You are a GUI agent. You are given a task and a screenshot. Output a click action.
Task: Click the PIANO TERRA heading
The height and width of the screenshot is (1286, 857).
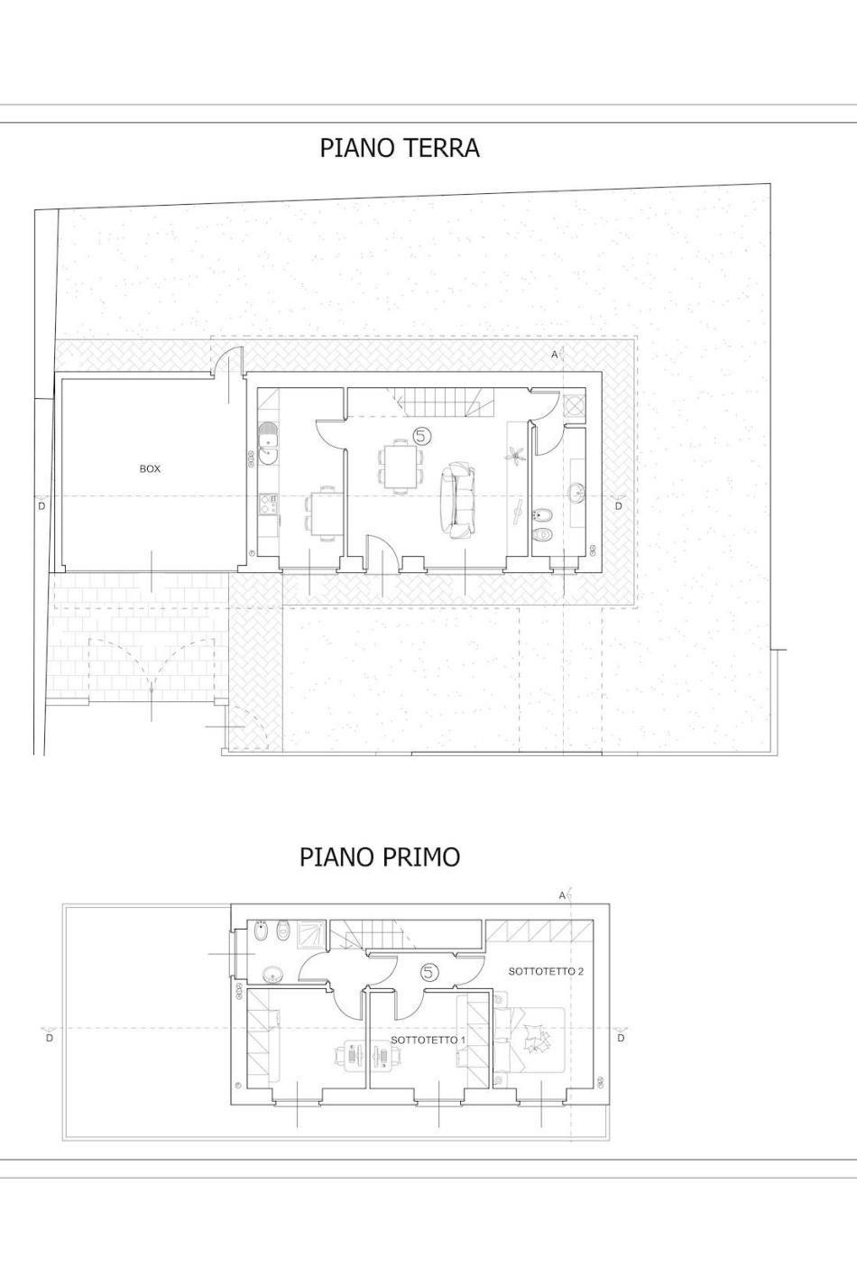point(400,147)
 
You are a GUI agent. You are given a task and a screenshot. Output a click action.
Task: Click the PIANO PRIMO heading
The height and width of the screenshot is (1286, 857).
point(380,856)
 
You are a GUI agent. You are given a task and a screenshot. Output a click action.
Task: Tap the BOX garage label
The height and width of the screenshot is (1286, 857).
point(151,468)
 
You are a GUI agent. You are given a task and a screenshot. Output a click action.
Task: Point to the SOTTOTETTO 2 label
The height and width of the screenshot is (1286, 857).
point(547,971)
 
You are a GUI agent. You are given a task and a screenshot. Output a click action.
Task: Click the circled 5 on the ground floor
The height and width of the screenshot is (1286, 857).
point(421,436)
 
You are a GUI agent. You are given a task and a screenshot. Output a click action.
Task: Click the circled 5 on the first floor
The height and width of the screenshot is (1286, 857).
point(429,972)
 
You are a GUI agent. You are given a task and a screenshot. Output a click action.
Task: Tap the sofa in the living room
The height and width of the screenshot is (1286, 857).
point(458,501)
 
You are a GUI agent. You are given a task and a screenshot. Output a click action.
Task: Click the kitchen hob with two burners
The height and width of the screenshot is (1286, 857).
point(268,504)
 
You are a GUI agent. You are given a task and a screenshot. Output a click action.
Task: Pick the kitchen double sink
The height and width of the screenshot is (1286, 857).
point(268,443)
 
